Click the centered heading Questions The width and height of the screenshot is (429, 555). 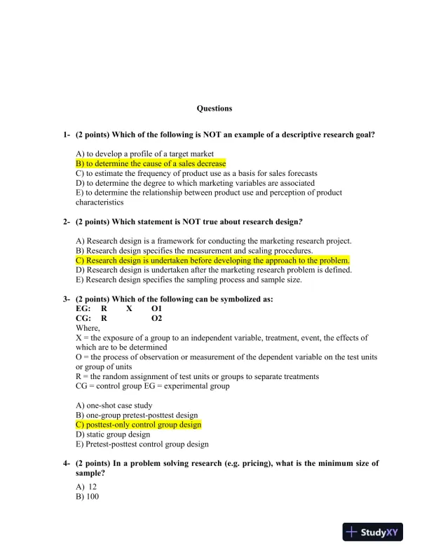tap(214, 109)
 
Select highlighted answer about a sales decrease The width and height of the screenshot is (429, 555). tap(151, 163)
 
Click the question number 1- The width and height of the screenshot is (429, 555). tap(67, 134)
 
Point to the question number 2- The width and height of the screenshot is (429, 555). tap(67, 221)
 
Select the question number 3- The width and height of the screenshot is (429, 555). tap(67, 299)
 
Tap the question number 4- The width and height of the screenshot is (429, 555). tap(67, 463)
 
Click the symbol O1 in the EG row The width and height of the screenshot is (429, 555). tap(156, 308)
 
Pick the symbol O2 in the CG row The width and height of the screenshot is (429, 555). tap(156, 318)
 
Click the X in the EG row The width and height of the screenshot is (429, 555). tap(129, 308)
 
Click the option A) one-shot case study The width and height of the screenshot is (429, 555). tap(114, 405)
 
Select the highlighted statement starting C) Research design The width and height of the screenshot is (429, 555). tap(212, 260)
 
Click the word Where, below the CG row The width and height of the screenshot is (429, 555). tap(88, 328)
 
